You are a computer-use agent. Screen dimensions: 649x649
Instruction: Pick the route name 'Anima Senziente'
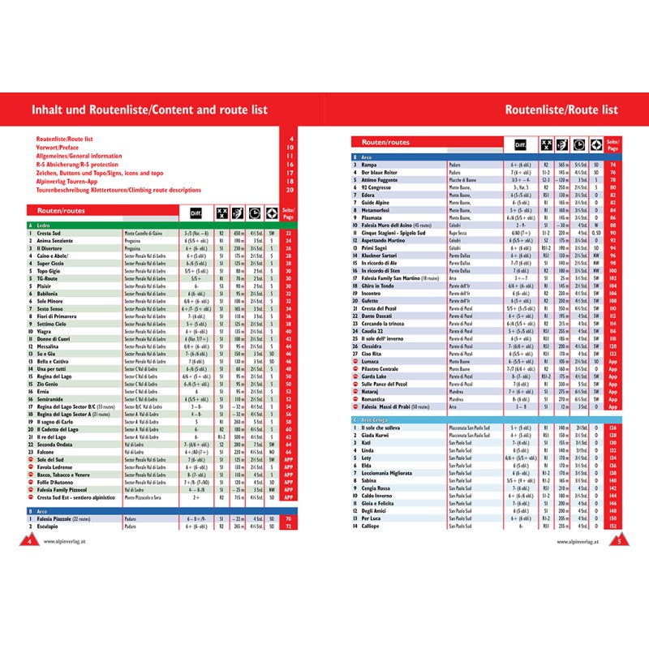55,240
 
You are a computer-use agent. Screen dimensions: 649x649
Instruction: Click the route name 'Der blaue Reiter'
380,173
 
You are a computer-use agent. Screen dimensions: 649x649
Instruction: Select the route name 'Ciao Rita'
372,354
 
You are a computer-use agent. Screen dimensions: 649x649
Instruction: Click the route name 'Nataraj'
372,391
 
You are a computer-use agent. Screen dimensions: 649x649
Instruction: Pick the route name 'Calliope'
372,526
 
